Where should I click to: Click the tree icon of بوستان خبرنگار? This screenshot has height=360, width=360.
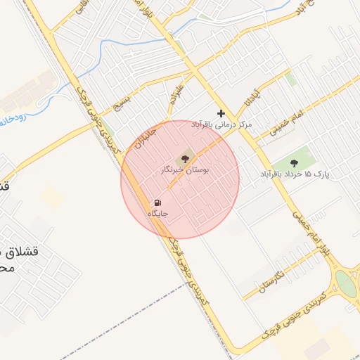click(185, 158)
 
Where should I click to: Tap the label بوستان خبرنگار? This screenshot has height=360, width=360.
click(185, 170)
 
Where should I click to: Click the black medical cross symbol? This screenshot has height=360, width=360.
click(221, 113)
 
